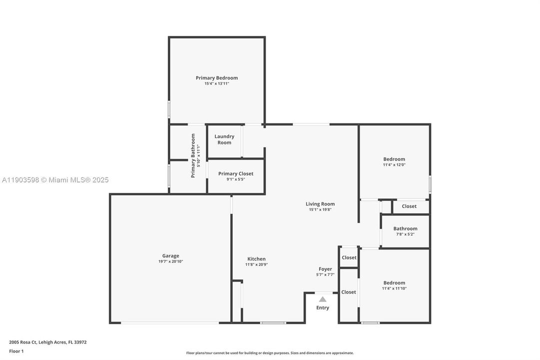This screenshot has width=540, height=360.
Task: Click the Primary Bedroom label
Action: (216, 78)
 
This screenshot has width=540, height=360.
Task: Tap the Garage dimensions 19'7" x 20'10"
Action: (170, 261)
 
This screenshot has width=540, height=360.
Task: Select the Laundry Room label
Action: (224, 139)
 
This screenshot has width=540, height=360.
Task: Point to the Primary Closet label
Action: (235, 173)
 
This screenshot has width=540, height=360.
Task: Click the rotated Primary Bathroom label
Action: (193, 155)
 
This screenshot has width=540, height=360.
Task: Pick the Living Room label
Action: (320, 204)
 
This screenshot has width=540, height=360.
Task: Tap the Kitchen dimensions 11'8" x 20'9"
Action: (256, 264)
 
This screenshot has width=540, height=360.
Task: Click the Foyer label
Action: (325, 269)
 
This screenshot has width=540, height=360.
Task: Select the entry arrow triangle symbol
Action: (323, 299)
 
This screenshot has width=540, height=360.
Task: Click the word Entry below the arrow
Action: (323, 308)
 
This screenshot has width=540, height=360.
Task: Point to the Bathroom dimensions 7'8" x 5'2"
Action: (405, 234)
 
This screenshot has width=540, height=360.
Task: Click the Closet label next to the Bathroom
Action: (409, 206)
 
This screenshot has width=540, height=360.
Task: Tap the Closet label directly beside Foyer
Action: (349, 258)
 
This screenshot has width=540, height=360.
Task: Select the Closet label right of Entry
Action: (349, 292)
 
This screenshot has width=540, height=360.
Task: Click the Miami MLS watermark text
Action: (54, 180)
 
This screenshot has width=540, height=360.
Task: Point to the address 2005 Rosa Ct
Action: (47, 342)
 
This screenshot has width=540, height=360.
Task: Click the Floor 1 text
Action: (16, 351)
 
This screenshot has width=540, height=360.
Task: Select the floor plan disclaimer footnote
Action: (270, 353)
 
